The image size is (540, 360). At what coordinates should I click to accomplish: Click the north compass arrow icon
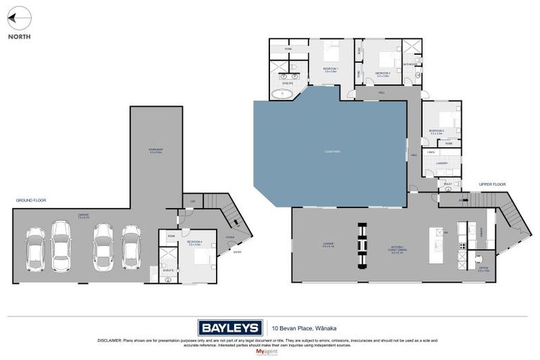click(19, 18)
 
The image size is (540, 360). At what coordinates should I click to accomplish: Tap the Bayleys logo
click(230, 327)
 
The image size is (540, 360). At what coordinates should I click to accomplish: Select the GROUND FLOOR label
click(31, 200)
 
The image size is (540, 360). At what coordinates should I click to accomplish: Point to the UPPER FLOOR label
click(492, 184)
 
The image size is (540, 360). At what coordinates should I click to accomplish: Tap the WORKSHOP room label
click(156, 150)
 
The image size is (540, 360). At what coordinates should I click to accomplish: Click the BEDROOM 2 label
click(382, 73)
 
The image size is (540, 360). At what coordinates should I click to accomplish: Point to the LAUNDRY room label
click(441, 163)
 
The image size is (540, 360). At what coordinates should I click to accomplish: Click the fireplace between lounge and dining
click(363, 245)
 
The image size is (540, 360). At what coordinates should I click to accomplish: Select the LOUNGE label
click(328, 246)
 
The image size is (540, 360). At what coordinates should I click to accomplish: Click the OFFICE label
click(484, 269)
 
